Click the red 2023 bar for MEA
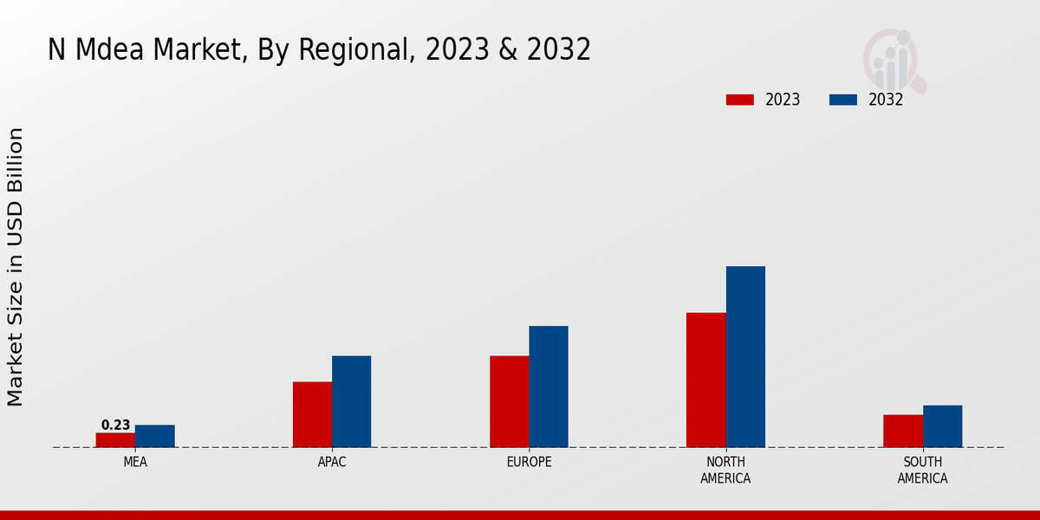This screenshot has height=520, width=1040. pos(115,439)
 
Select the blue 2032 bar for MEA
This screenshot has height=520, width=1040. pos(154,436)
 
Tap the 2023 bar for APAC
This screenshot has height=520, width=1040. pos(312,414)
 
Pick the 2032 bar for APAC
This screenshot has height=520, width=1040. pos(351,401)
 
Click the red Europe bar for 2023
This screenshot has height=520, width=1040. pos(509,401)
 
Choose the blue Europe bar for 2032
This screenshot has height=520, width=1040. pos(549,387)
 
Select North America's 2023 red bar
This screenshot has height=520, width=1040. pos(705,380)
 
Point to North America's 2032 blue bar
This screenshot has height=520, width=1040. pos(745,356)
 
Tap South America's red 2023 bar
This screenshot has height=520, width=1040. pos(903,431)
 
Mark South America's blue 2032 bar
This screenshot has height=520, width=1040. pos(942,426)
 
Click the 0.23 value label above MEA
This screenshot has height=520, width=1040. pos(115,425)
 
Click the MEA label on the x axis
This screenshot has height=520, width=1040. pos(135,462)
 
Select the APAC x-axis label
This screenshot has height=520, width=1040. pos(332,462)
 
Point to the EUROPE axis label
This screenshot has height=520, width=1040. pos(529,462)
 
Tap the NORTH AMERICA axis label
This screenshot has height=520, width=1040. pos(725,470)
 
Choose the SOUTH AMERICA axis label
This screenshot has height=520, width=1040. pos(922,470)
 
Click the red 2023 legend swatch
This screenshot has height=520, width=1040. pos(740,100)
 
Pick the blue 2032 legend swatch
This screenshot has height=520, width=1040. pos(843,100)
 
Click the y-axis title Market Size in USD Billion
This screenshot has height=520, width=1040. pos(16,266)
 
